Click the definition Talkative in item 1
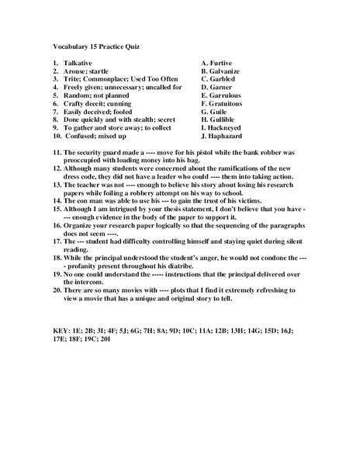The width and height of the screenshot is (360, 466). coord(81,62)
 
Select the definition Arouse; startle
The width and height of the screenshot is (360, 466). coord(91,71)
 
